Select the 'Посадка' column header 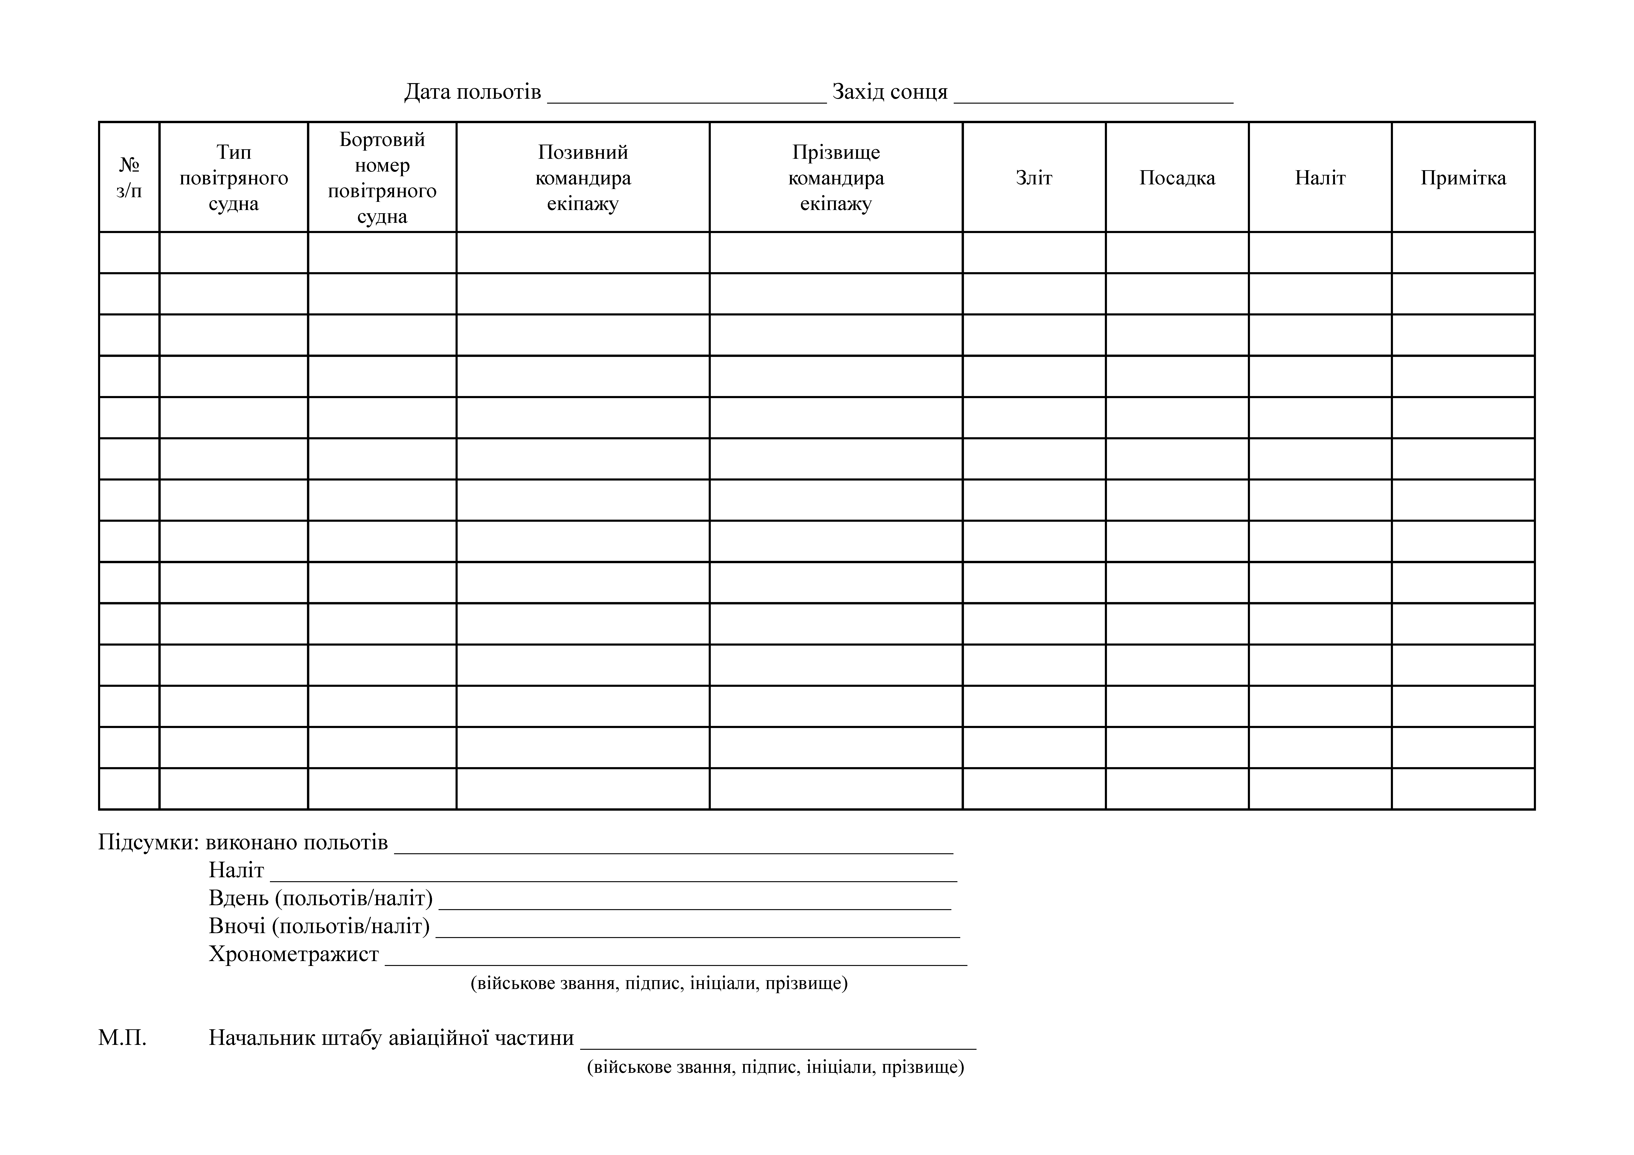(x=1177, y=178)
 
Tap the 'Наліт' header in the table (x=1320, y=178)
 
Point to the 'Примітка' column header (x=1463, y=178)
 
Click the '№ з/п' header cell (x=129, y=178)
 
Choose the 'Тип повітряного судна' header (x=233, y=178)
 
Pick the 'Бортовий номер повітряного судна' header (x=382, y=178)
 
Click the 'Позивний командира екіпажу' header (x=583, y=178)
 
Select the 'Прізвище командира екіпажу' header (x=836, y=178)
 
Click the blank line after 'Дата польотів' (x=687, y=98)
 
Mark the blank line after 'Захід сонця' (x=1093, y=98)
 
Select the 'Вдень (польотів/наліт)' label (x=320, y=898)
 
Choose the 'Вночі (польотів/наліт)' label (x=319, y=926)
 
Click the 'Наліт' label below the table (x=236, y=870)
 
